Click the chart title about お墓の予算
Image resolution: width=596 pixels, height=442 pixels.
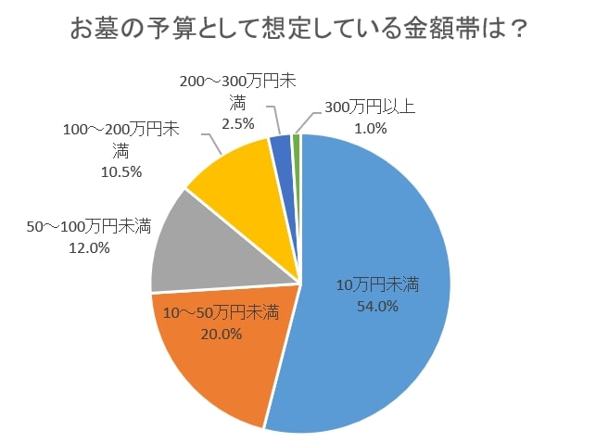(298, 30)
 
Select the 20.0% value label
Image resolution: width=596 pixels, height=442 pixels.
(222, 335)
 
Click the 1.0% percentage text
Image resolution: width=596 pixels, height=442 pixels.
(368, 128)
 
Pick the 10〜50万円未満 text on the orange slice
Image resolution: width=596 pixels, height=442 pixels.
(222, 313)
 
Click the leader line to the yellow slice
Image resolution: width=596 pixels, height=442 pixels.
(209, 142)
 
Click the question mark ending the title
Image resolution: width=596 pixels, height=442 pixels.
(518, 30)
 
